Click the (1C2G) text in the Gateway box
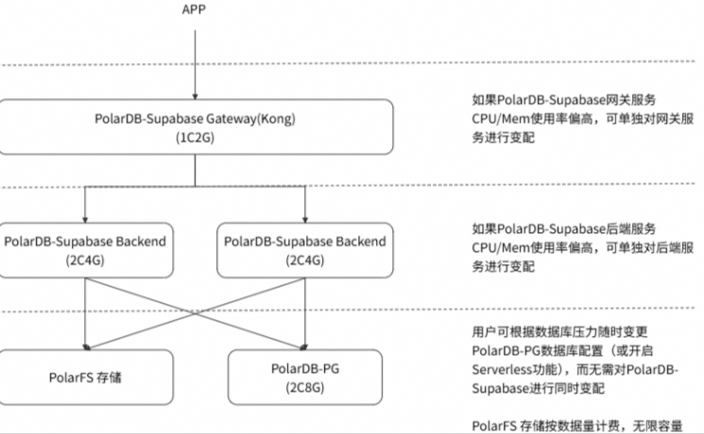pos(196,138)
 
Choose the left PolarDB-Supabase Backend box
pos(85,250)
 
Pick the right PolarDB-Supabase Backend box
pos(305,250)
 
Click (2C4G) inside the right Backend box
pos(305,259)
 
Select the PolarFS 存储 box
pos(85,377)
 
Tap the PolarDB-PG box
pos(305,377)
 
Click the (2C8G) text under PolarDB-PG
pos(305,386)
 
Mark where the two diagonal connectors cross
pos(196,314)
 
